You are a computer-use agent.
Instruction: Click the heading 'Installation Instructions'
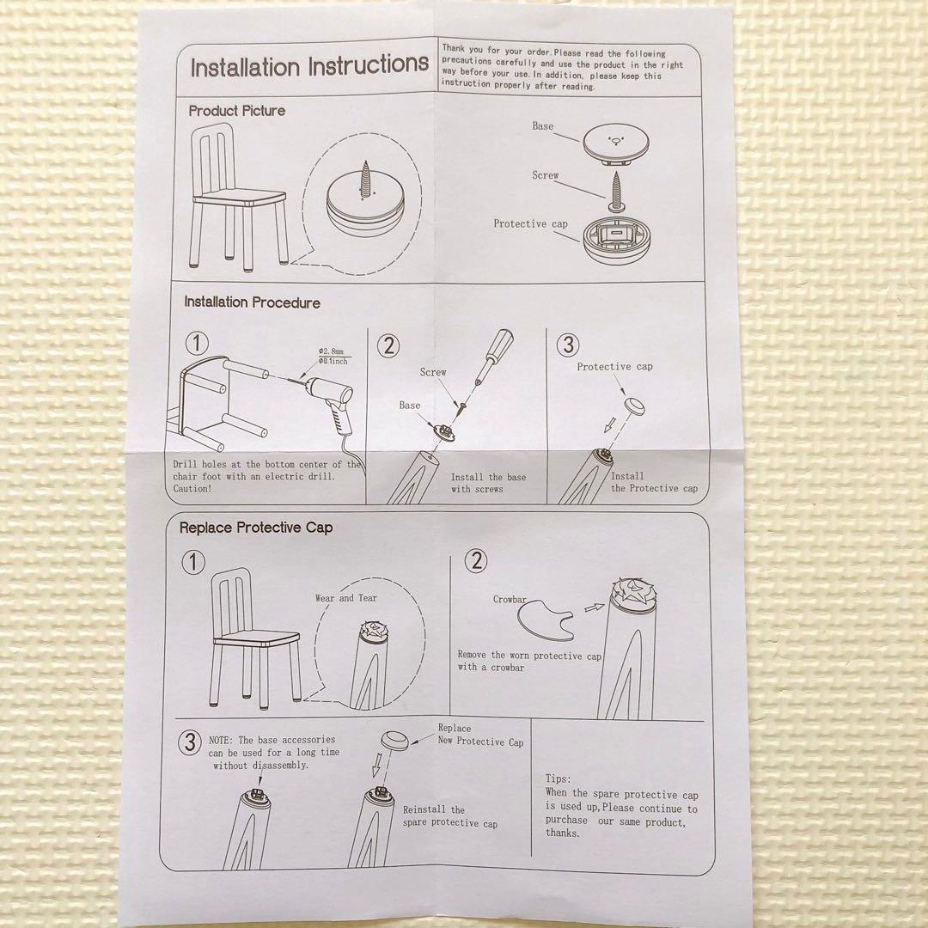click(309, 65)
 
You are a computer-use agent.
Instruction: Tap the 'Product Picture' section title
click(237, 111)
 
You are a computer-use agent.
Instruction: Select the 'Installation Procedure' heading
click(252, 302)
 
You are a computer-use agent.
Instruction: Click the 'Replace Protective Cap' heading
click(256, 528)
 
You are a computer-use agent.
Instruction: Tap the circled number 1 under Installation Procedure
click(197, 343)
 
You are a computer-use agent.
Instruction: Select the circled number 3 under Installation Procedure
click(568, 345)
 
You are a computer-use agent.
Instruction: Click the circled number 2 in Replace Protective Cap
click(476, 560)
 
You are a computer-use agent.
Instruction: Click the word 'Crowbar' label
click(510, 599)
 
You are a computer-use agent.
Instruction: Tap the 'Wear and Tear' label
click(346, 598)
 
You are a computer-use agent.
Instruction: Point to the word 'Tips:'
click(559, 778)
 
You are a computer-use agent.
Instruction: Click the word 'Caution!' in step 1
click(192, 489)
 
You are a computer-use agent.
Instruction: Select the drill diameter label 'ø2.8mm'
click(331, 351)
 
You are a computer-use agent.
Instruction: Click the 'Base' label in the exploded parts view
click(543, 126)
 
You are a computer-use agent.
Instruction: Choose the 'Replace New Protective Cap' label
click(480, 735)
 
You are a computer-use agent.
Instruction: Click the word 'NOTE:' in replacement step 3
click(222, 741)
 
